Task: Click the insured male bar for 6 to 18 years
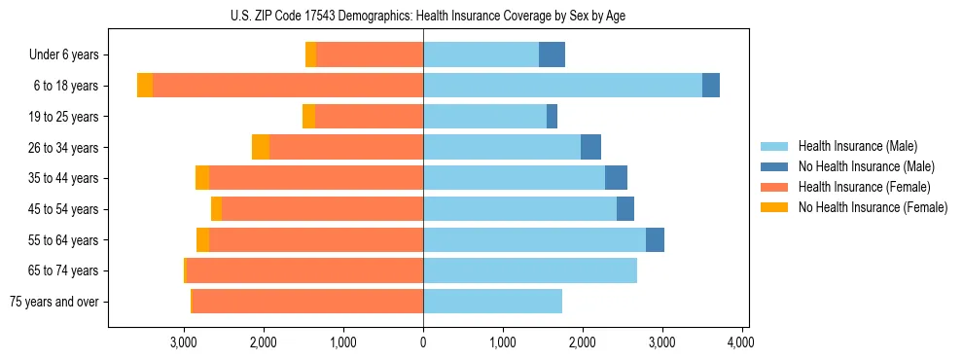[x=562, y=86]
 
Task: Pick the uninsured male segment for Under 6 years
[x=552, y=54]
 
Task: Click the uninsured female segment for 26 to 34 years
[x=261, y=147]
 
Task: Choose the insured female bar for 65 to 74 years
[x=304, y=270]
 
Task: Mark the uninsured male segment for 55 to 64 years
[x=655, y=239]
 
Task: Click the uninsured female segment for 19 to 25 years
[x=308, y=117]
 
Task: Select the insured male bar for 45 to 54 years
[x=519, y=209]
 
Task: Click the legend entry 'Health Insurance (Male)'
[x=857, y=145]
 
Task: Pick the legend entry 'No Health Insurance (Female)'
[x=873, y=207]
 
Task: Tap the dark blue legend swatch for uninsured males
[x=774, y=166]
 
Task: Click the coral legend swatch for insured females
[x=774, y=187]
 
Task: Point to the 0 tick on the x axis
[x=423, y=342]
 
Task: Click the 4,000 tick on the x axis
[x=741, y=342]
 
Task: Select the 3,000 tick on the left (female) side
[x=184, y=342]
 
